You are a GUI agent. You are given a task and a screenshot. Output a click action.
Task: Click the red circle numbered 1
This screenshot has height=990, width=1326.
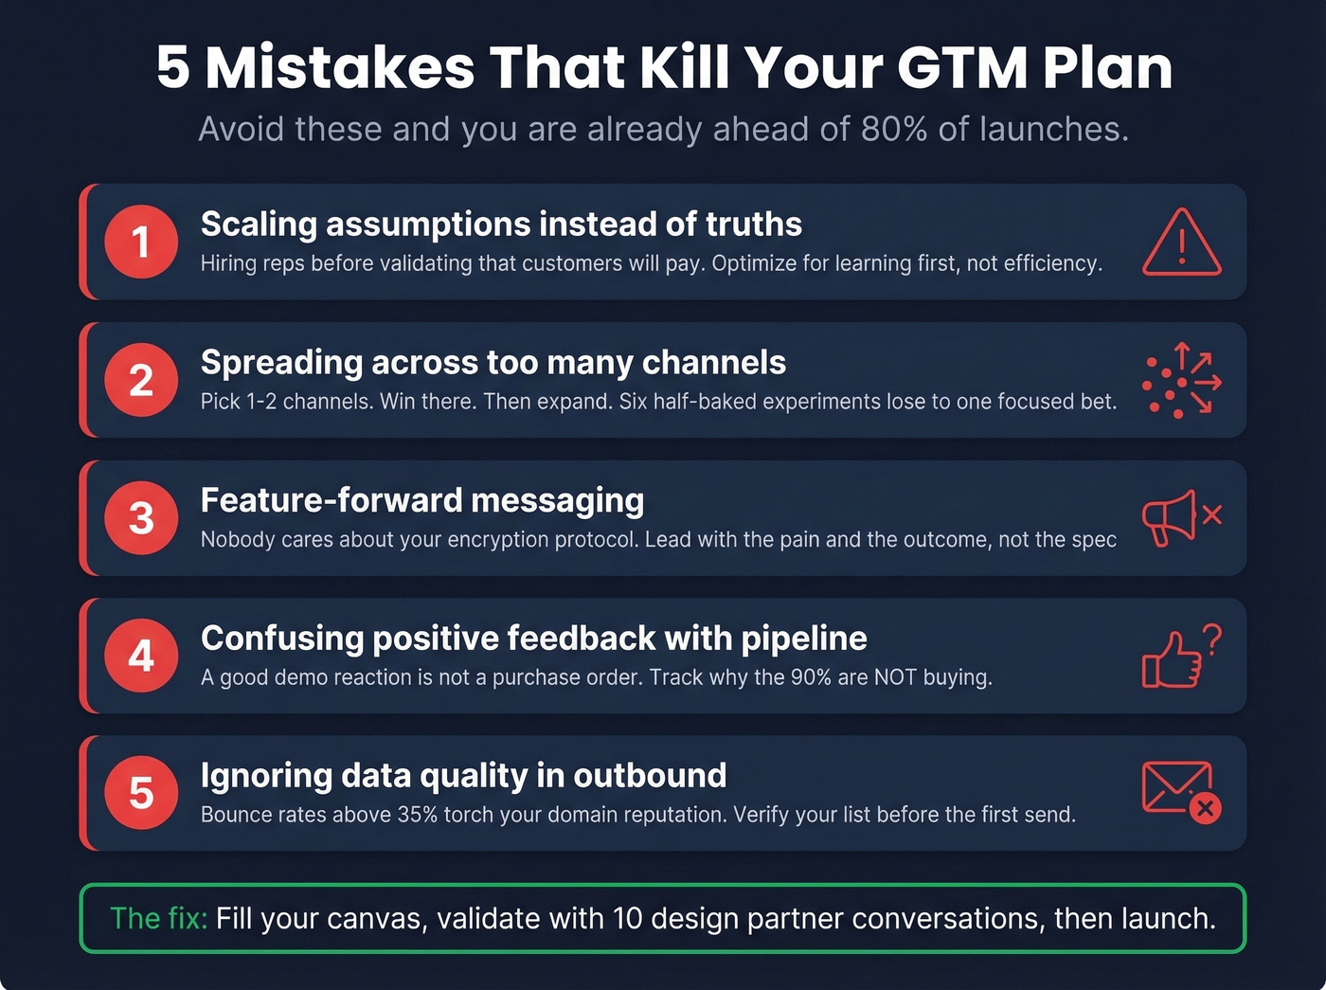(x=141, y=242)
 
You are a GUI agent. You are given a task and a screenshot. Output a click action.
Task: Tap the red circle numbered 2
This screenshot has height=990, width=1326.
(x=141, y=380)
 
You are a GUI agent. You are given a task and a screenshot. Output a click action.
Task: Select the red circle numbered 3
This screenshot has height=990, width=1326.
(x=141, y=518)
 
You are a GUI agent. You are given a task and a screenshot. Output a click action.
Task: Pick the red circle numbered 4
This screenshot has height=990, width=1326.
(x=141, y=656)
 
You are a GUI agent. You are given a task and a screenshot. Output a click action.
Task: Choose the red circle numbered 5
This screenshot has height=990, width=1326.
(x=141, y=793)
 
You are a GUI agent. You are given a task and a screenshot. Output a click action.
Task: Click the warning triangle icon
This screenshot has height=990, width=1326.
(x=1181, y=243)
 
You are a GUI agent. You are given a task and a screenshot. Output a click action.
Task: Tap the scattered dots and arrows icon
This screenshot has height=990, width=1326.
(x=1181, y=381)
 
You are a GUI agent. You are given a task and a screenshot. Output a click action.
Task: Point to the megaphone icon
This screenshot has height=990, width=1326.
(x=1171, y=518)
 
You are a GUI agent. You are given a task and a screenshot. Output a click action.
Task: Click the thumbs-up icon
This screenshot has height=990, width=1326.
(x=1171, y=660)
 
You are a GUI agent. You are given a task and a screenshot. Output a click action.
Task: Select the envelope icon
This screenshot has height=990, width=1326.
(x=1178, y=788)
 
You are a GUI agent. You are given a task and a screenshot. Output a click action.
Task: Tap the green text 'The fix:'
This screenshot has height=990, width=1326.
(x=158, y=918)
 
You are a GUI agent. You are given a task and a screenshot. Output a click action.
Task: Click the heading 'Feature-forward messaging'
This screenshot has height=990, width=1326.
(x=422, y=500)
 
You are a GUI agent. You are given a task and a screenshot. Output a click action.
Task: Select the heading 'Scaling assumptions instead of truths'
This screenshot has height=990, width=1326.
(x=501, y=225)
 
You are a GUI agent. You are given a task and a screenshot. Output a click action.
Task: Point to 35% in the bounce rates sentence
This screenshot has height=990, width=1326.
(x=417, y=815)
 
